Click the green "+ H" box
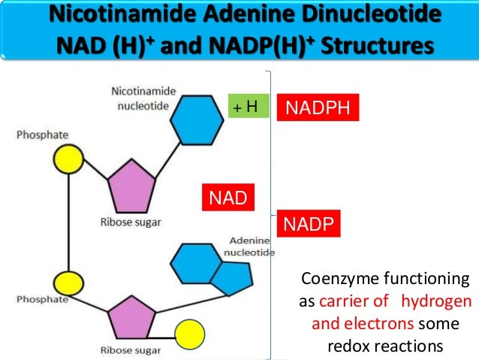click(x=248, y=107)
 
